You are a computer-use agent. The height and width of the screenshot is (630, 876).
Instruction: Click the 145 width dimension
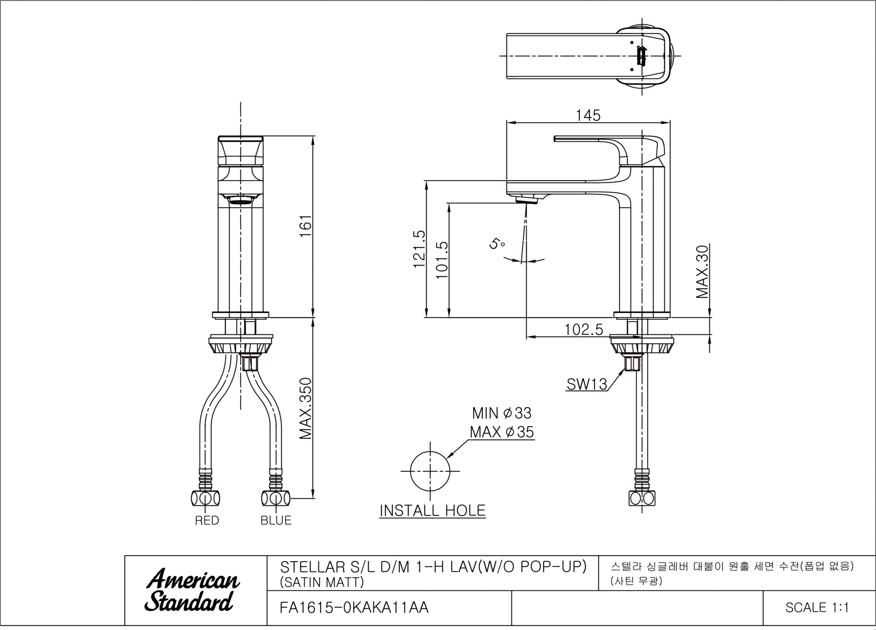(588, 115)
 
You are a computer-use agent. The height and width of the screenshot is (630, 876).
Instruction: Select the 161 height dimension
(305, 225)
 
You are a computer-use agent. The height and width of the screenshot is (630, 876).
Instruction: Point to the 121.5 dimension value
(419, 249)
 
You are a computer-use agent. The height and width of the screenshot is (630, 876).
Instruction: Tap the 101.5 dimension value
(442, 260)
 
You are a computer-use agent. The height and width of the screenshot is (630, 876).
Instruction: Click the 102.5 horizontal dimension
(584, 329)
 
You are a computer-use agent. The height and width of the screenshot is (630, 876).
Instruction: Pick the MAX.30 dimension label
(703, 272)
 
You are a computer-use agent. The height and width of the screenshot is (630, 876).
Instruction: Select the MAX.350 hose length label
(305, 409)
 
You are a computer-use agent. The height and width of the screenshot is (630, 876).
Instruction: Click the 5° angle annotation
(497, 243)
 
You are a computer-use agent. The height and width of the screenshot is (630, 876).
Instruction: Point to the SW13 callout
(587, 384)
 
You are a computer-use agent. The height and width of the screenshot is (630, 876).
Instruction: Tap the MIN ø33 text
(501, 413)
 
